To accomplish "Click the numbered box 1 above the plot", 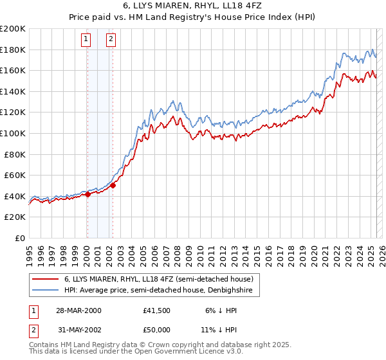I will point(86,39).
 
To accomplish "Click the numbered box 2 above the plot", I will point(111,39).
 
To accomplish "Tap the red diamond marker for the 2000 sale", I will point(87,195).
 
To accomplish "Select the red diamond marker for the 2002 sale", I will point(113,186).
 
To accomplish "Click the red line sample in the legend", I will point(46,280).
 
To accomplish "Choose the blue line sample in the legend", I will point(46,291).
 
